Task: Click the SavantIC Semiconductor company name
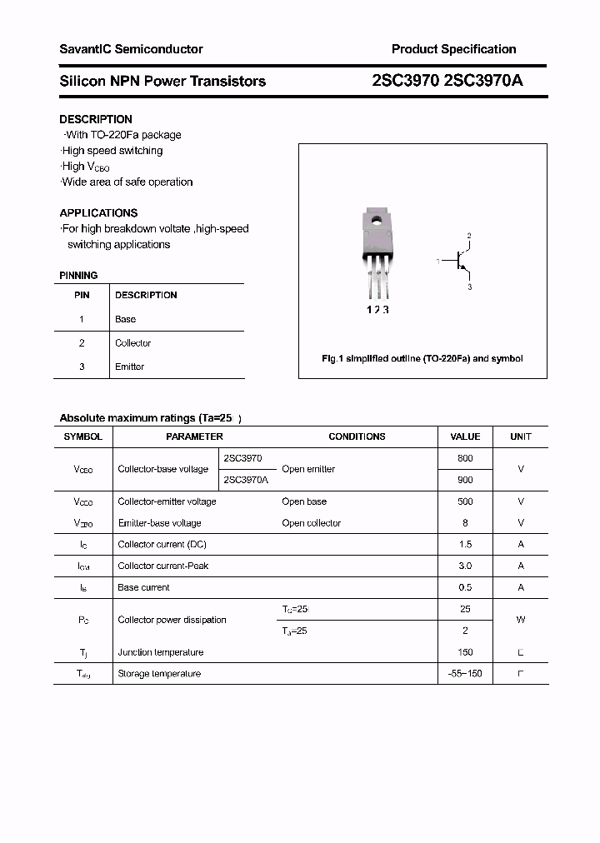tap(131, 49)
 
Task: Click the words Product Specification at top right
tap(453, 49)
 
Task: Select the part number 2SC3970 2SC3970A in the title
tap(447, 81)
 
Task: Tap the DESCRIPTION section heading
tap(96, 119)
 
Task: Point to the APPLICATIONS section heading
tap(98, 212)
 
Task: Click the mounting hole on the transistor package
tap(377, 222)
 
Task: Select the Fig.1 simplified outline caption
tap(422, 358)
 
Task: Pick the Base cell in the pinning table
tap(125, 319)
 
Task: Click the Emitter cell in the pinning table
tap(129, 367)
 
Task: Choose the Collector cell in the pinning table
tap(132, 343)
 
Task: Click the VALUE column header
tap(465, 436)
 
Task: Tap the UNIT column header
tap(521, 436)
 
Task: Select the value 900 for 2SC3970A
tap(465, 480)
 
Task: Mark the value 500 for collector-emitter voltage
tap(465, 501)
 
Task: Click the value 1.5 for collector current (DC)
tap(465, 544)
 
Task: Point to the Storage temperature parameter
tap(159, 673)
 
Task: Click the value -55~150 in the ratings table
tap(465, 673)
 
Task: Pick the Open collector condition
tap(311, 523)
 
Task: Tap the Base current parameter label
tap(143, 587)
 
